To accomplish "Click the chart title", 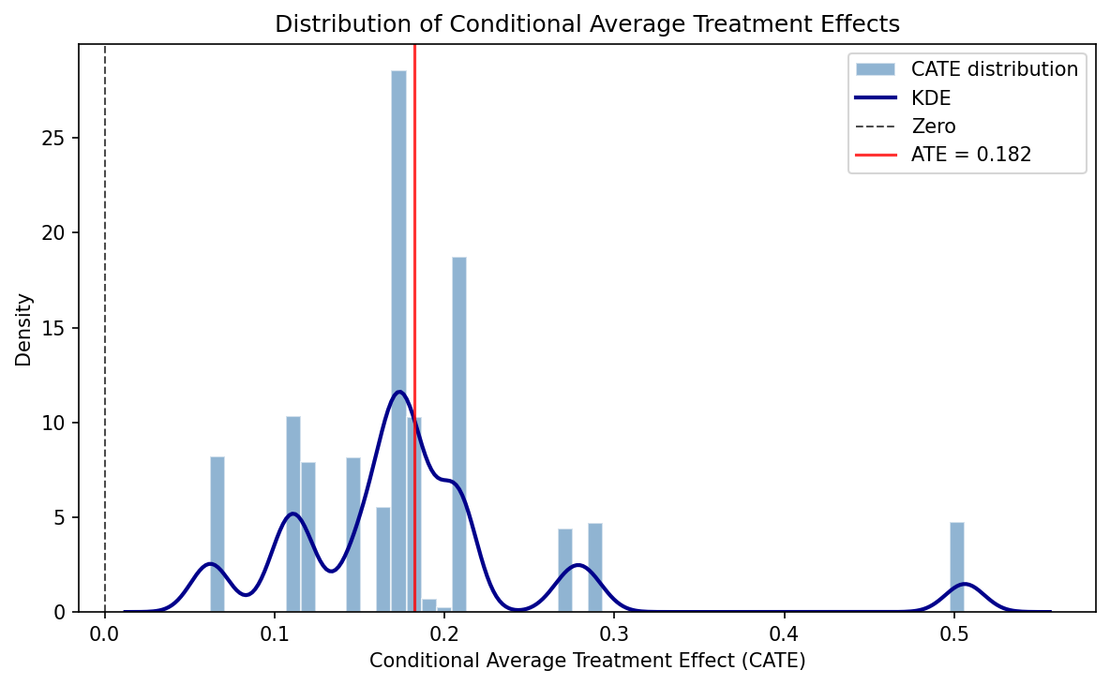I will [587, 24].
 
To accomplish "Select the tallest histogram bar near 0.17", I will [398, 337].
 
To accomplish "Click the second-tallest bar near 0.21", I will [458, 431].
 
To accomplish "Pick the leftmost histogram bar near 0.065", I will [217, 534].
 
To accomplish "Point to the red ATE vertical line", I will [414, 234].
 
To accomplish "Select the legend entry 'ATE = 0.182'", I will [970, 155].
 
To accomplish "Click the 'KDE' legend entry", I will [931, 97].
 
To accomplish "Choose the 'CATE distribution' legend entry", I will [994, 68].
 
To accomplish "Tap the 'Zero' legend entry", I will [933, 127].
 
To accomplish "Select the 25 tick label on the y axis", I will [58, 138].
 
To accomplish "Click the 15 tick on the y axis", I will [58, 328].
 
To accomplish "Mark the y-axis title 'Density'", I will [24, 328].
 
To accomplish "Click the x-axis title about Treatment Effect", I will [587, 660].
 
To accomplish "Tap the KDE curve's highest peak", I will [399, 392].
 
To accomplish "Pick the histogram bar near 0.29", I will [594, 567].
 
